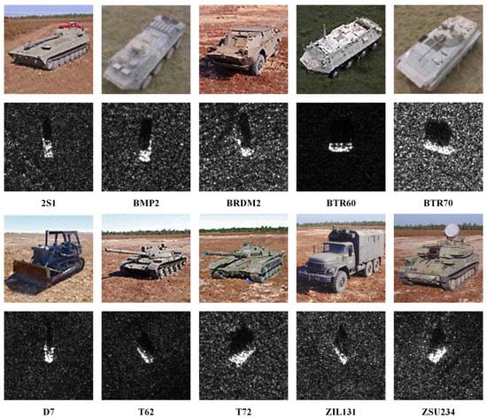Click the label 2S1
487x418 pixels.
coord(48,202)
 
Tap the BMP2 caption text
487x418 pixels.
coord(145,202)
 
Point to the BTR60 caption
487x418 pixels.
coord(339,202)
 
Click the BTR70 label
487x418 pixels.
coord(437,202)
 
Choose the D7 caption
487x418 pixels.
coord(48,409)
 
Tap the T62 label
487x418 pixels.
coord(145,409)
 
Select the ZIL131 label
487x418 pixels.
coord(339,409)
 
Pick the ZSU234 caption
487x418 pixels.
coord(437,409)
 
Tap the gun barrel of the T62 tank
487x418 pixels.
coord(120,249)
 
